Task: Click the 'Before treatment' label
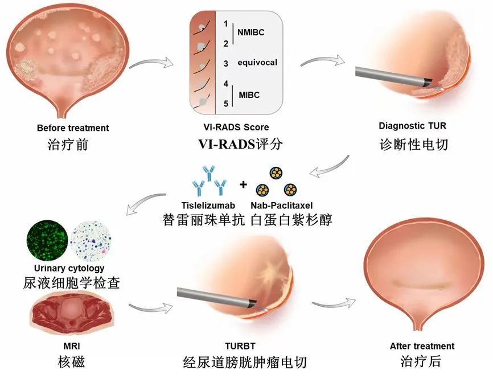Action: [x=72, y=128]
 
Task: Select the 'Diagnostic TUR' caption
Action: [x=413, y=126]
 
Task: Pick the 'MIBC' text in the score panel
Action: [x=248, y=94]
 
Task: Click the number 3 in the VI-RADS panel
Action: [x=225, y=64]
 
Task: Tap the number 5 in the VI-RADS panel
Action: [x=226, y=104]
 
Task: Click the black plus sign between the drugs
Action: [x=244, y=184]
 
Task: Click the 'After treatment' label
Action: [x=422, y=346]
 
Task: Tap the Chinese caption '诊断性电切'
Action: [x=413, y=144]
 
